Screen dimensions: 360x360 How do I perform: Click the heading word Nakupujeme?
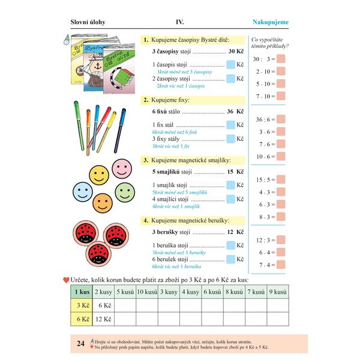coord(271,23)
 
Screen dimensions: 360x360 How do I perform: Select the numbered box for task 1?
coord(146,40)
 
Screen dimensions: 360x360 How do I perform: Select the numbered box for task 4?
coord(146,221)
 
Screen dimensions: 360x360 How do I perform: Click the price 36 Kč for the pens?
coord(235,112)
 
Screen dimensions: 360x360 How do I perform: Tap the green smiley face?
coord(125,191)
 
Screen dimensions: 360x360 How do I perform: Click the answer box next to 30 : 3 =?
coord(281,59)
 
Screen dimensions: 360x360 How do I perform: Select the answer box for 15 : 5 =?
coord(281,179)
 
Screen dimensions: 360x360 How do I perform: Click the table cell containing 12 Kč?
coord(104,319)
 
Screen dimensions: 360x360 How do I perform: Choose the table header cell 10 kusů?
coord(147,292)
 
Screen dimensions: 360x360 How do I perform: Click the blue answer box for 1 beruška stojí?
coord(231,245)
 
